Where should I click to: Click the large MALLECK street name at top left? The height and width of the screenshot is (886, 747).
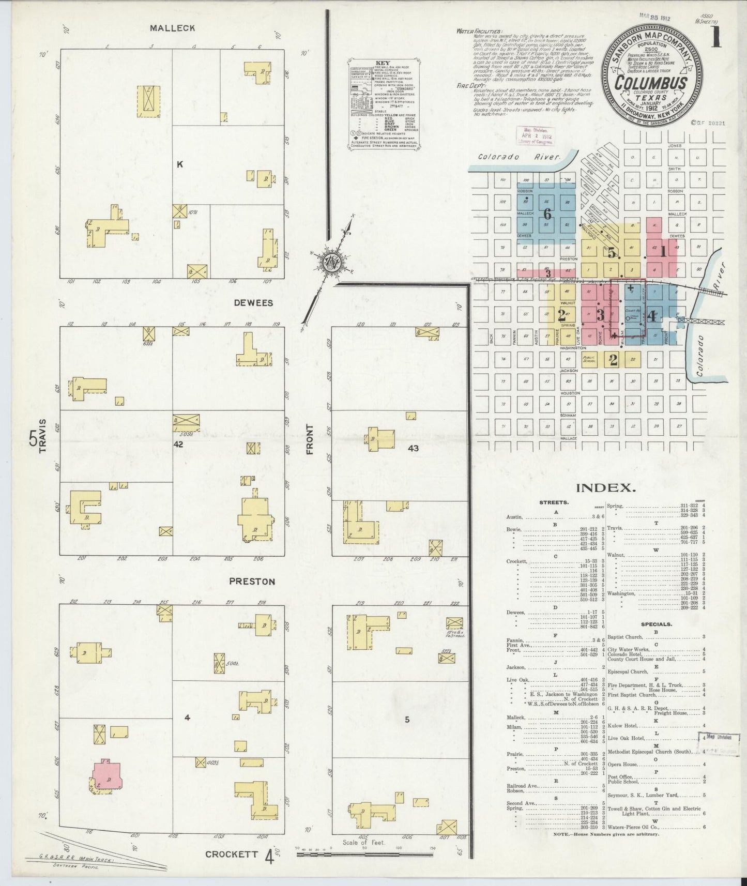173,28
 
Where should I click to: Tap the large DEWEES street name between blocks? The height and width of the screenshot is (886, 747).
253,303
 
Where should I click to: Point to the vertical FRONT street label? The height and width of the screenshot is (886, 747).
310,439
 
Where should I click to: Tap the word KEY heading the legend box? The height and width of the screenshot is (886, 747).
384,64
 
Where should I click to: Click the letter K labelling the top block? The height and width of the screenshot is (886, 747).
180,164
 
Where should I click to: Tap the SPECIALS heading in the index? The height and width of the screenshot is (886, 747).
657,624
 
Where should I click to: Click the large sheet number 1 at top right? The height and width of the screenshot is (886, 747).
715,39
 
